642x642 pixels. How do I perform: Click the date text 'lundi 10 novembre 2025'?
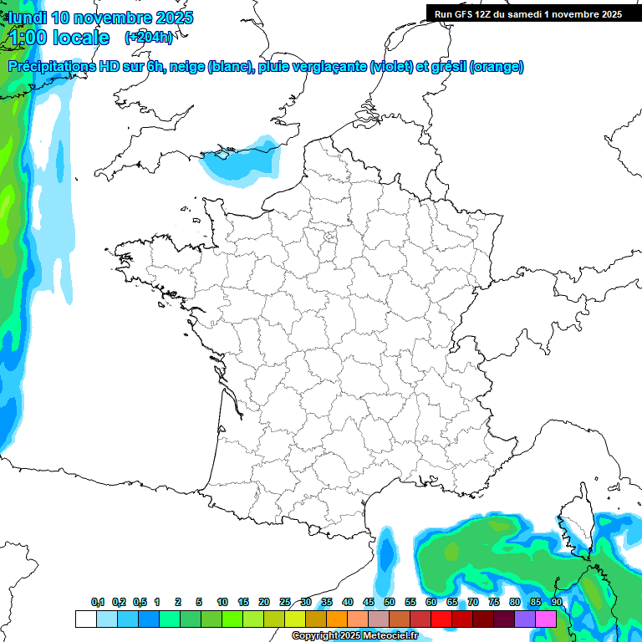[100, 18]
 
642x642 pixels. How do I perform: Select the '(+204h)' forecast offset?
[149, 37]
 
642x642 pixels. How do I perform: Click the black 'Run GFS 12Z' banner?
[527, 13]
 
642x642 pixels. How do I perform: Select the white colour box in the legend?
[85, 619]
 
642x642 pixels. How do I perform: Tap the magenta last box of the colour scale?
[546, 619]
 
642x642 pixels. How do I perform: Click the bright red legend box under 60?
[441, 619]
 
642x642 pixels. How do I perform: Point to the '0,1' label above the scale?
[98, 602]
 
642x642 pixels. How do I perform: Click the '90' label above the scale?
[557, 602]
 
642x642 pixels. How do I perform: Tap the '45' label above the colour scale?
[369, 602]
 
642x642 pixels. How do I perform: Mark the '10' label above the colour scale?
[222, 602]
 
